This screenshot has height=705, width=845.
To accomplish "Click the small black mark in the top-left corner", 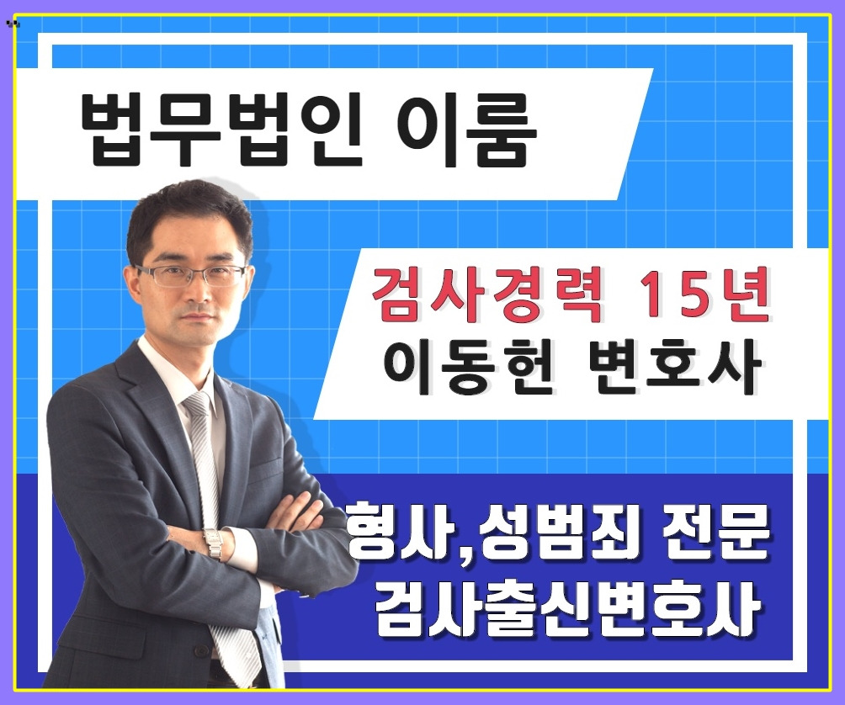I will click(x=12, y=24).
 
